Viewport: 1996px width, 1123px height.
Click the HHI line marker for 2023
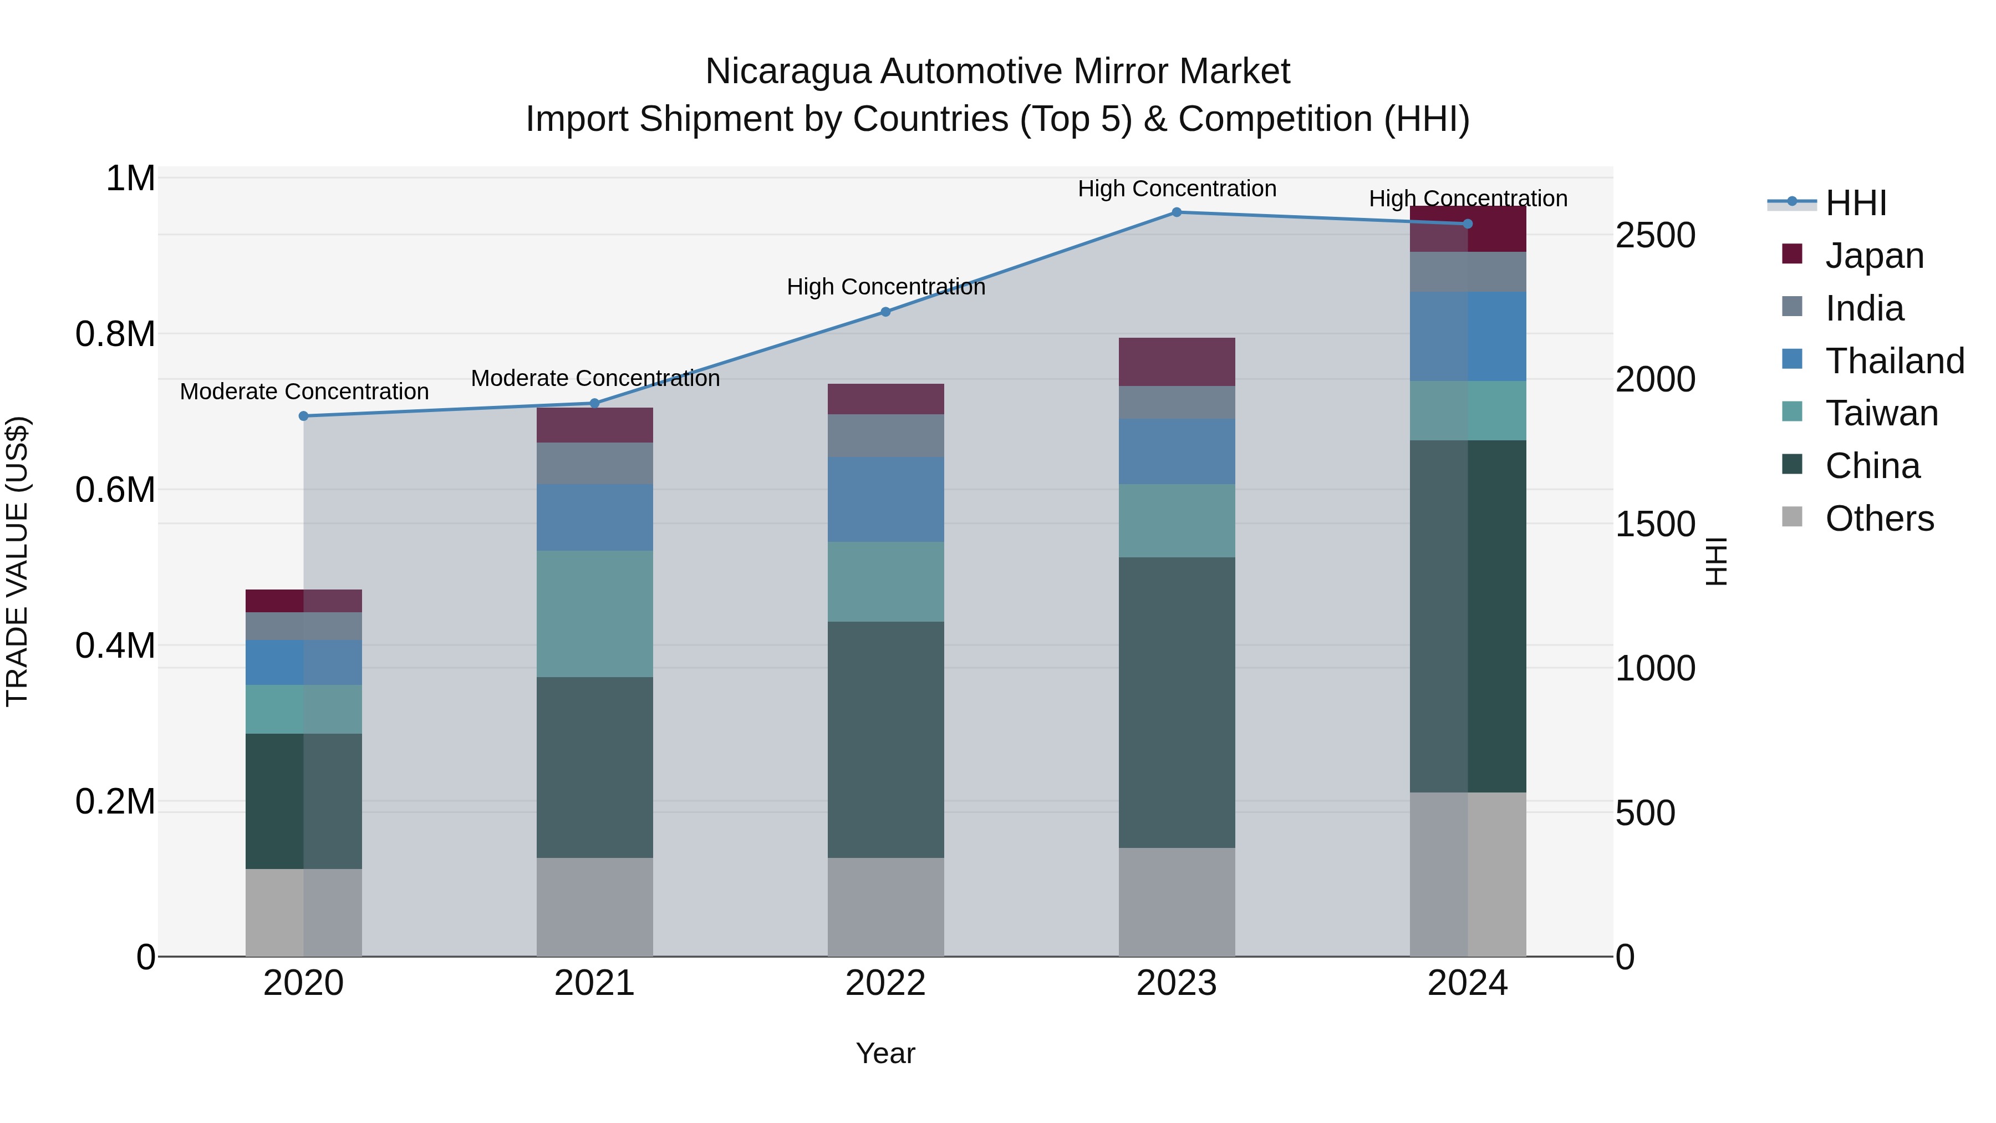click(1176, 212)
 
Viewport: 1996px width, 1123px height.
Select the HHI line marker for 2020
click(304, 416)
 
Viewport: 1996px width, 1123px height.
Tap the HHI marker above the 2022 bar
click(885, 312)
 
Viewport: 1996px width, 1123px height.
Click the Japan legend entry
click(1873, 256)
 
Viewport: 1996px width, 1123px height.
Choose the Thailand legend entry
click(1894, 361)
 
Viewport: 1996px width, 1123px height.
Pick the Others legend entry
click(1878, 519)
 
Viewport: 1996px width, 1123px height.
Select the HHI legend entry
click(1855, 203)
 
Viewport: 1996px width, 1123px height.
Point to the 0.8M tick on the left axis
click(115, 335)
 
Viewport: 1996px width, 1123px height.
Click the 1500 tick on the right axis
click(1655, 525)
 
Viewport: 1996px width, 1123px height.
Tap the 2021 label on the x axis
click(594, 983)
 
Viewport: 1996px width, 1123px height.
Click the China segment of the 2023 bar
click(1176, 702)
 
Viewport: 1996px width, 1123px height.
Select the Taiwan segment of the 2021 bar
click(594, 614)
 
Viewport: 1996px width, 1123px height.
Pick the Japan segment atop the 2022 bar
click(885, 399)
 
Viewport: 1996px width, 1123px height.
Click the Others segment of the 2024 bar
click(1468, 874)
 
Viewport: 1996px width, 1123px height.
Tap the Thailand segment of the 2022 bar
click(885, 499)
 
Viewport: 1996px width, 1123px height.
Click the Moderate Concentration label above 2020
click(304, 392)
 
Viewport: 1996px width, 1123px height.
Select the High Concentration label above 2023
click(1176, 189)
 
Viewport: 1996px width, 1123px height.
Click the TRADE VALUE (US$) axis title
click(17, 561)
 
